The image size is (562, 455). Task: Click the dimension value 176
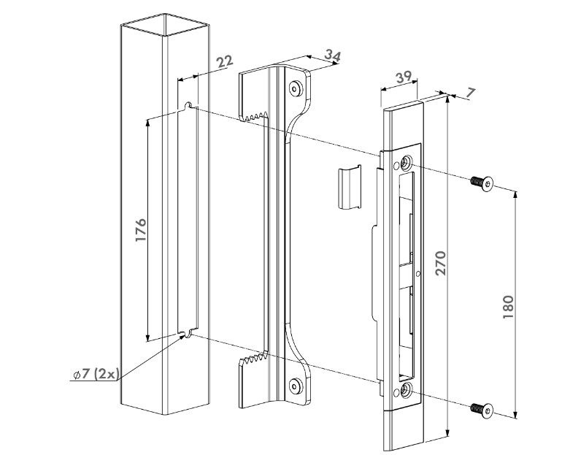click(x=141, y=229)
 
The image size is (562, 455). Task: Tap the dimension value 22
click(x=224, y=61)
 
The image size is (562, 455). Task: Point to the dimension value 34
click(x=331, y=55)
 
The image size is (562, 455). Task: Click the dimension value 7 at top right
click(x=469, y=93)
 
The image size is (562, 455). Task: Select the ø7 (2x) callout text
click(x=96, y=374)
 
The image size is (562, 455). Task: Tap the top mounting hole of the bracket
click(x=296, y=88)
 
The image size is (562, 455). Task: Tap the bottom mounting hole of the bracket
click(x=296, y=385)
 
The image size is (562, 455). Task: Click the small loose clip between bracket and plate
click(x=349, y=188)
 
